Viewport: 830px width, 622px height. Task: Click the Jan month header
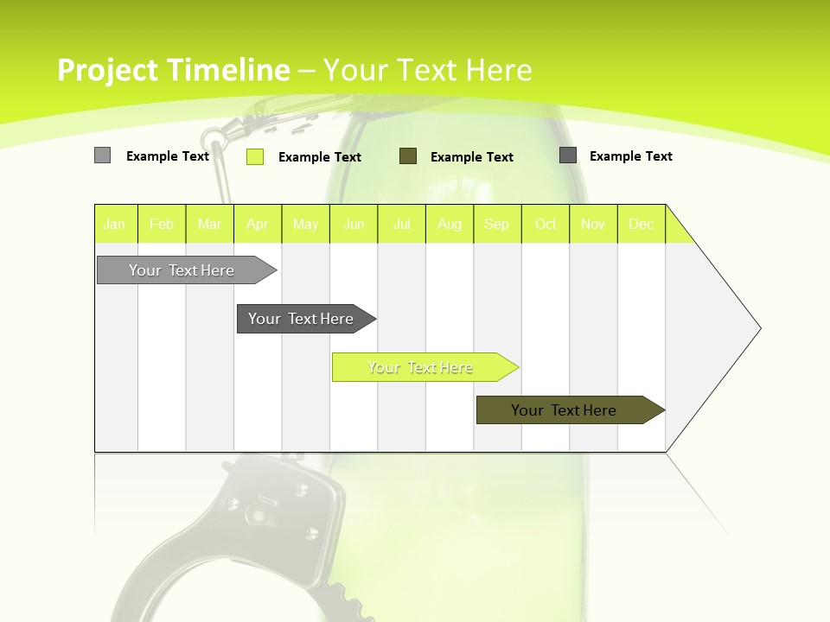114,224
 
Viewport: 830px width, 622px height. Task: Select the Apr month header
257,224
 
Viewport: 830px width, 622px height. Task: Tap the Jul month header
401,224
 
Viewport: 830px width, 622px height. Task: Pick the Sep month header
496,224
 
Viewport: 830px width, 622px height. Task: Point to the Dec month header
641,224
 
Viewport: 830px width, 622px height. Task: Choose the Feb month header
162,224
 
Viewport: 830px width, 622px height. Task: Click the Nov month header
592,224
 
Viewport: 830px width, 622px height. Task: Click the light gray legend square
102,155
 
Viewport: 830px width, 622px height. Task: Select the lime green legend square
254,156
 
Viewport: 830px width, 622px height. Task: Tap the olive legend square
408,156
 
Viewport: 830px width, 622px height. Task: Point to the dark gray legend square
568,155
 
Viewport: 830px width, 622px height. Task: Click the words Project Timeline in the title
173,70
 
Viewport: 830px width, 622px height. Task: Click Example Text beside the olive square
472,157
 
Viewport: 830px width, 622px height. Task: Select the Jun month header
354,224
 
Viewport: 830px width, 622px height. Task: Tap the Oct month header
546,224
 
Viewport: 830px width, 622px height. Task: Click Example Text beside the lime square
320,157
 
